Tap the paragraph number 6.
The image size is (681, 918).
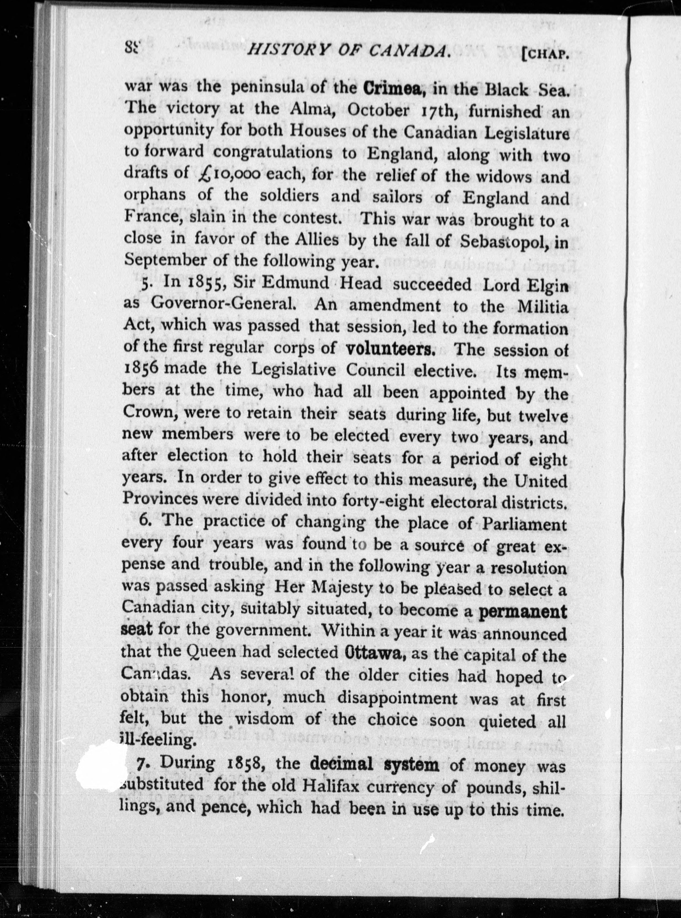click(144, 521)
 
